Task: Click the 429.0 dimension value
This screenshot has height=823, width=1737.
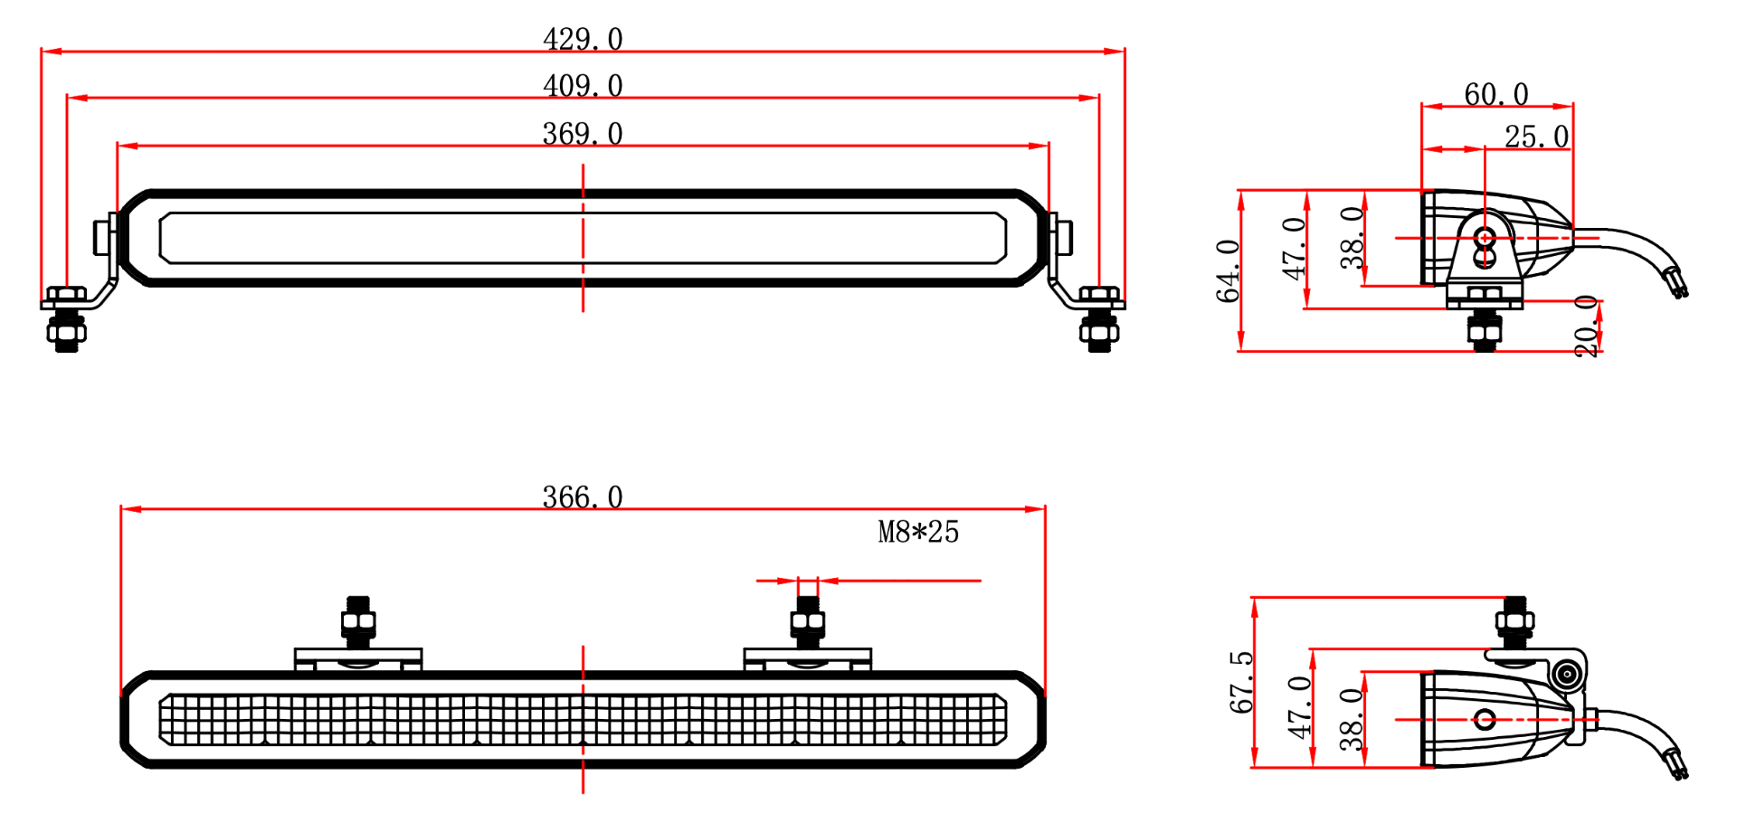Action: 583,39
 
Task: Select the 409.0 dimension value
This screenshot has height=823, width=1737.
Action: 583,85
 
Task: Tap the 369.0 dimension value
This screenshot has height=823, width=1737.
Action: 583,133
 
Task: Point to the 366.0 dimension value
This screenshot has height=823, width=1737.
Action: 583,497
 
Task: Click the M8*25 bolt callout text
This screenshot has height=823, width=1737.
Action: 918,532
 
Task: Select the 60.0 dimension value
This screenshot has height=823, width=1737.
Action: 1496,94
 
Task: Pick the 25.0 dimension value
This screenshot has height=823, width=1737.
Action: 1536,137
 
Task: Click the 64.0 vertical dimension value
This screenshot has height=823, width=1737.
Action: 1228,270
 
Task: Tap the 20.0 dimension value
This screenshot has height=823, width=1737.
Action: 1587,326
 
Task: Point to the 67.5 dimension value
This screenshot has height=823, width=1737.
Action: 1241,682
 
